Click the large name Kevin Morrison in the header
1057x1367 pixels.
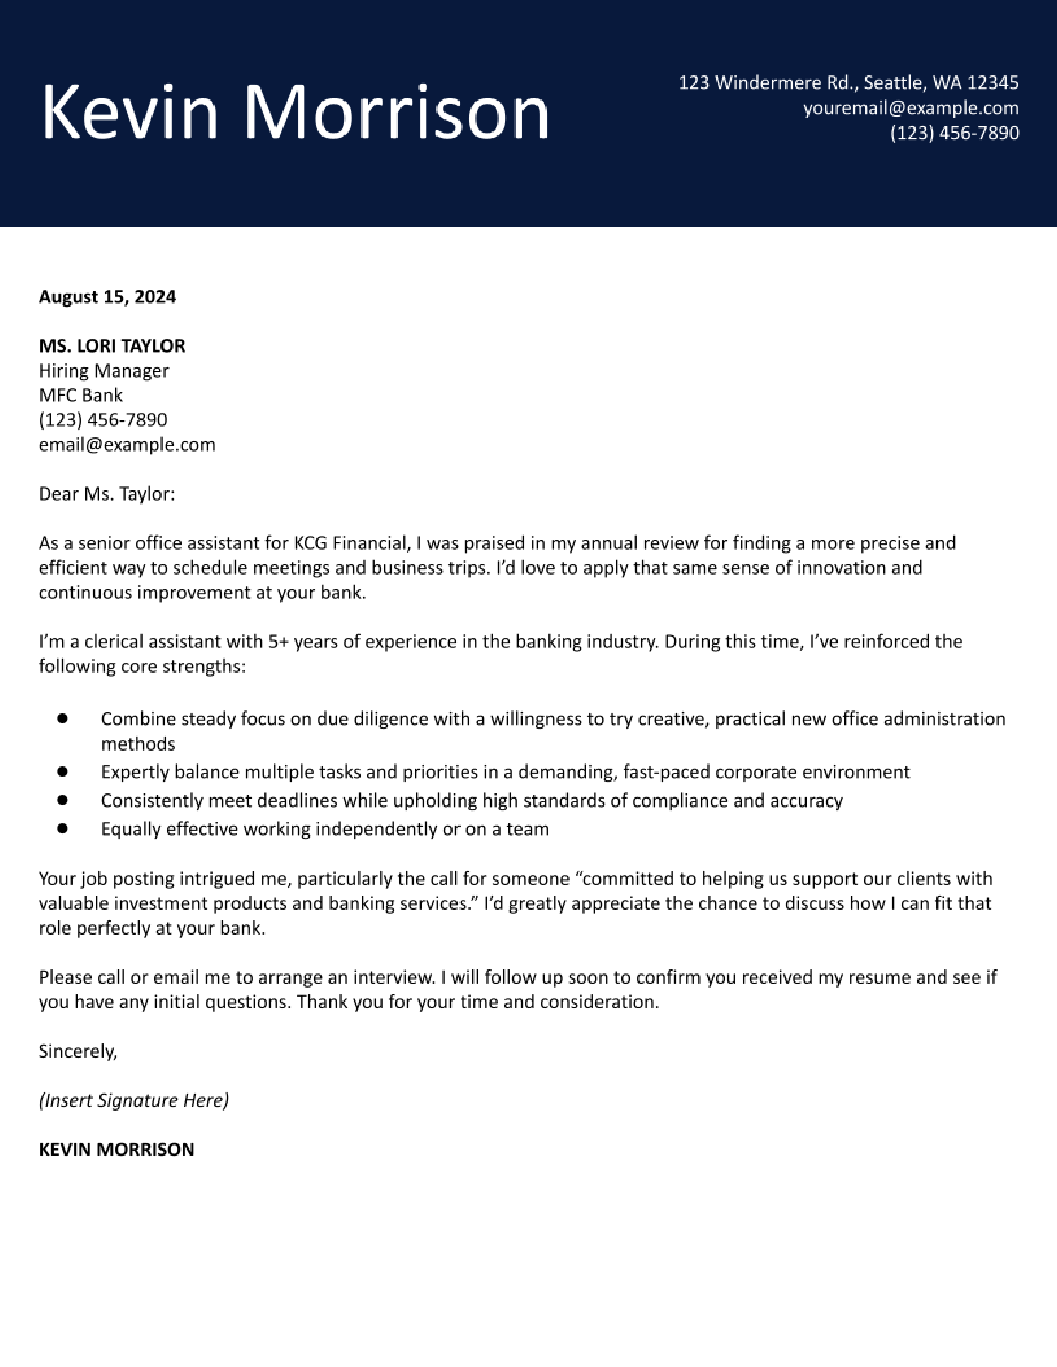(x=294, y=113)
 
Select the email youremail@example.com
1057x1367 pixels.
(x=911, y=108)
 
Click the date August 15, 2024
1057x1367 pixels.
(x=107, y=296)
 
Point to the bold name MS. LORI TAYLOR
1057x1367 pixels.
(x=112, y=345)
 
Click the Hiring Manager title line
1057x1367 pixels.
(x=103, y=371)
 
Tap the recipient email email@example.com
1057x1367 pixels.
(x=126, y=444)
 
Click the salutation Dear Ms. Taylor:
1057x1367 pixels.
(x=107, y=494)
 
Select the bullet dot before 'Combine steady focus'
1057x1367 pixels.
(x=62, y=719)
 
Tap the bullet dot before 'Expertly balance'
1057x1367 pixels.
(x=62, y=772)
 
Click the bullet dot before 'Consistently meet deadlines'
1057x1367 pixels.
(x=62, y=800)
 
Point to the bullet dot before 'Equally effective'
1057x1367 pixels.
(x=62, y=828)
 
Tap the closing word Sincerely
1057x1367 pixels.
(x=77, y=1051)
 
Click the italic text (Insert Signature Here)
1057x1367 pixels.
(x=133, y=1100)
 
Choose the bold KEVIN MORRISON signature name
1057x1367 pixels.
(x=116, y=1150)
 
